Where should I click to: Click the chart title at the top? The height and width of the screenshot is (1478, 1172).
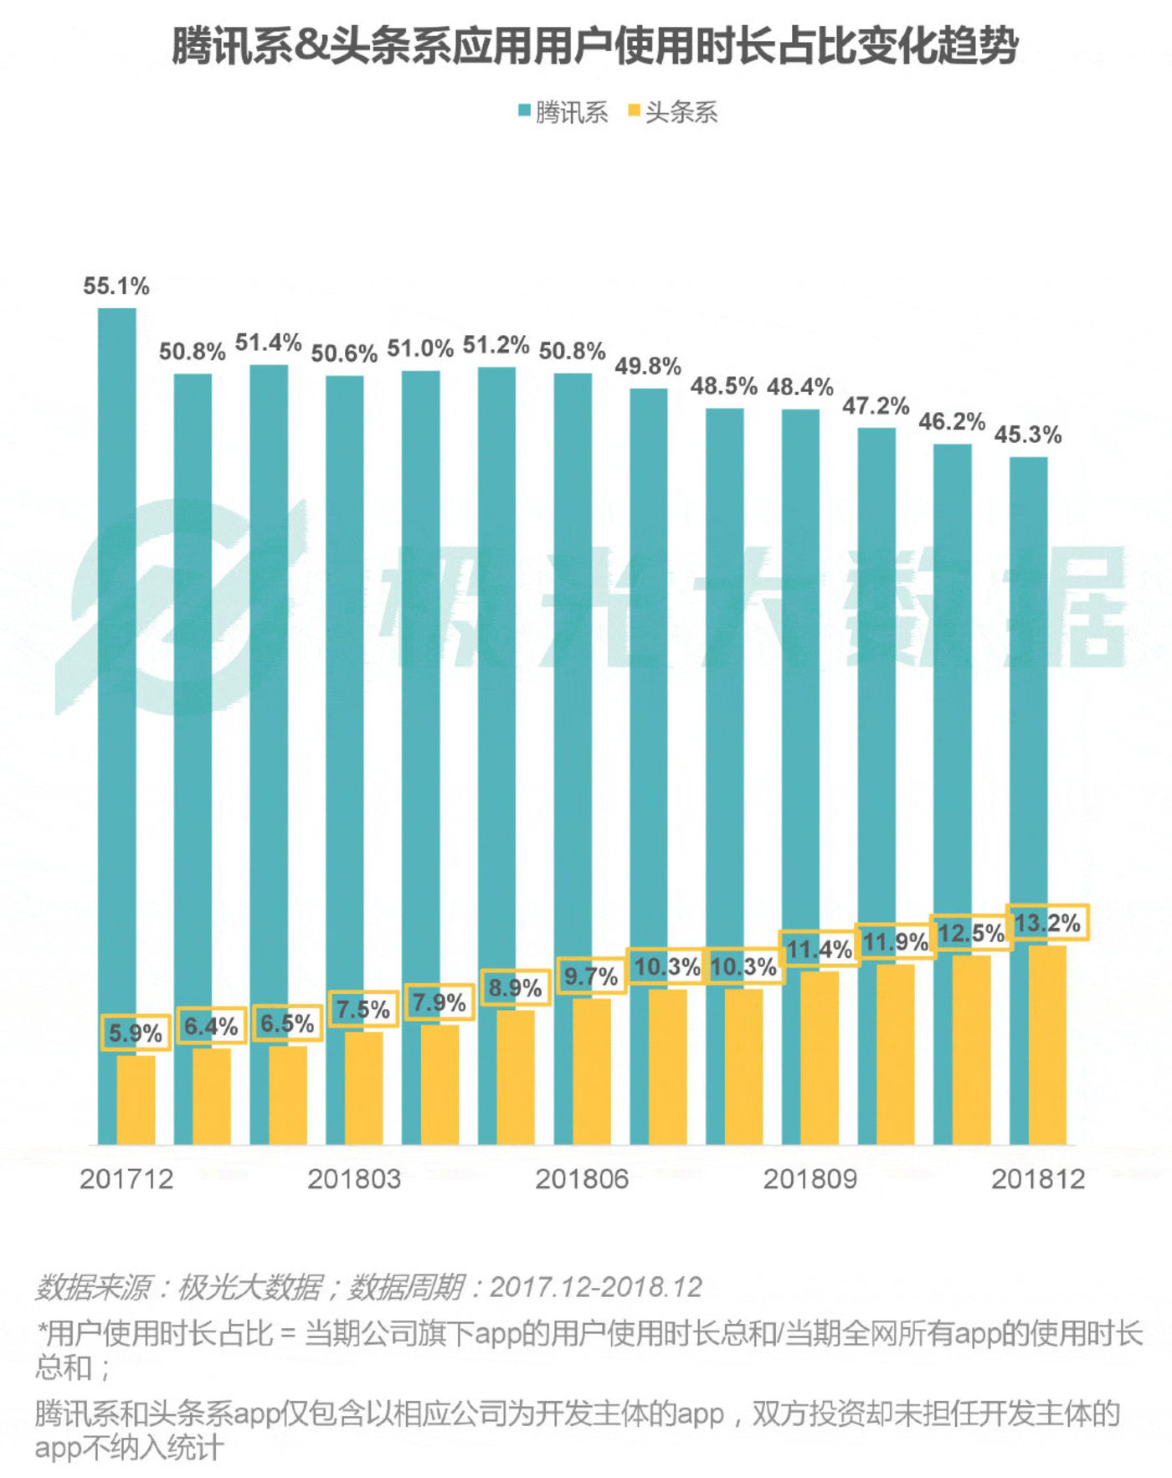click(594, 46)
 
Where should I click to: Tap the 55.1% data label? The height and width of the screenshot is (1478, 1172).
click(116, 286)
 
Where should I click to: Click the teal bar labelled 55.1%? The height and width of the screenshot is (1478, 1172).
click(116, 670)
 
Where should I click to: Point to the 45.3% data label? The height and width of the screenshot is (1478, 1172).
click(1028, 435)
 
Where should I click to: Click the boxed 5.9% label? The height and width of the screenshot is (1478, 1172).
click(136, 1033)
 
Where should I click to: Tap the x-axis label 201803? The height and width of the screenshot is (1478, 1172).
click(353, 1179)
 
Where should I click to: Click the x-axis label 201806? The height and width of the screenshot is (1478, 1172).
click(582, 1179)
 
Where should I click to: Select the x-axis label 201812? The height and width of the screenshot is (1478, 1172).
click(1038, 1179)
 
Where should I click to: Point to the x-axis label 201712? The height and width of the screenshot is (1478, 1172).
click(126, 1179)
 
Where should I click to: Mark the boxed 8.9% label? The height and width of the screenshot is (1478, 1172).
click(515, 988)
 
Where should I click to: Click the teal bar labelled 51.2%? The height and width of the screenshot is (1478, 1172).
click(496, 670)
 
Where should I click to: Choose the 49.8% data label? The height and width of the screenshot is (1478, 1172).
click(648, 366)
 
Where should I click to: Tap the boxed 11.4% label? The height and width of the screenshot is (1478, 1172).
click(819, 950)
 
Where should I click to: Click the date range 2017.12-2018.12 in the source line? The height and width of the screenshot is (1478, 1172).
click(595, 1287)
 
